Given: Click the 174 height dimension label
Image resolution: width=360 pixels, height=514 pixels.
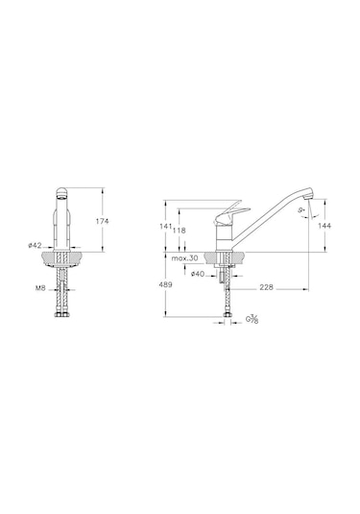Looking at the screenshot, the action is tap(102, 221).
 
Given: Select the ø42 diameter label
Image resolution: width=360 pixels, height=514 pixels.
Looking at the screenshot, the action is tap(35, 245).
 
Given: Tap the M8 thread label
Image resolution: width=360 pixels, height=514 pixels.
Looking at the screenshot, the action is tap(40, 288).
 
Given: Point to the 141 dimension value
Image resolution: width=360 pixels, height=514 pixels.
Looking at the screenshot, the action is tap(166, 226).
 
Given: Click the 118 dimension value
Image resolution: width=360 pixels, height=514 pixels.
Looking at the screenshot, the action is tap(180, 231).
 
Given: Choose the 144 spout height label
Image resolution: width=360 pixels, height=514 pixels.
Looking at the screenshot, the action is tap(324, 226).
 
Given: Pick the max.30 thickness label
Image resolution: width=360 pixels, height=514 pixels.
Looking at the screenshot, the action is tap(184, 258).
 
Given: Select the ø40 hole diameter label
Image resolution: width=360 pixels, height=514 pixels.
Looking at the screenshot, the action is tap(198, 274).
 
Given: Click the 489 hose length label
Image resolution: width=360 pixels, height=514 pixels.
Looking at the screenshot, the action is tap(165, 284).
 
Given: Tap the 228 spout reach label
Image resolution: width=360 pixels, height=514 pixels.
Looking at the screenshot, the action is tap(266, 287).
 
